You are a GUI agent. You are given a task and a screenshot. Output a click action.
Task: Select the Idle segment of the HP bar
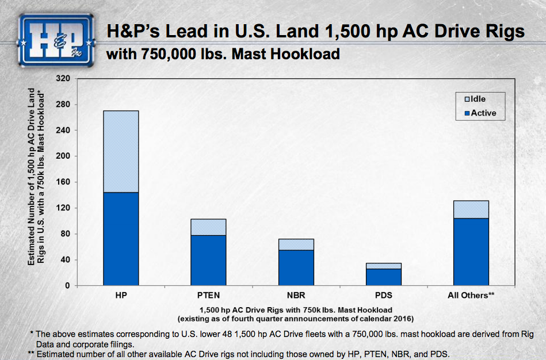pyautogui.click(x=121, y=151)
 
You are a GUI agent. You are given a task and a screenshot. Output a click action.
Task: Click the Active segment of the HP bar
pyautogui.click(x=121, y=239)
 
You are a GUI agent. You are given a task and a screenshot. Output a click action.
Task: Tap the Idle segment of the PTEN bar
pyautogui.click(x=208, y=227)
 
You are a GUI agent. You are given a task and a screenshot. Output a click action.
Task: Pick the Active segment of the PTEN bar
pyautogui.click(x=208, y=261)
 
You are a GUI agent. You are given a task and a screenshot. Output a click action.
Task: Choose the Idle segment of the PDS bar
pyautogui.click(x=383, y=266)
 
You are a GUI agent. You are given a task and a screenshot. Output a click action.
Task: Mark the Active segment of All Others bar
pyautogui.click(x=471, y=252)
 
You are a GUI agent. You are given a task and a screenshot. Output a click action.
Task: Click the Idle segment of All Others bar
pyautogui.click(x=471, y=209)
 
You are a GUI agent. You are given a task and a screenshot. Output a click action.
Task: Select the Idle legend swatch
pyautogui.click(x=467, y=99)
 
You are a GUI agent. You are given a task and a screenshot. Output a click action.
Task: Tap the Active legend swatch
pyautogui.click(x=467, y=113)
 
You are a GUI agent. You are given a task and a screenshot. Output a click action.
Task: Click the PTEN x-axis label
pyautogui.click(x=208, y=295)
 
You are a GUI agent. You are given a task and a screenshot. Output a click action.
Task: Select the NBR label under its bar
pyautogui.click(x=296, y=295)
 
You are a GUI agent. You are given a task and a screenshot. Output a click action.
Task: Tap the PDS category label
pyautogui.click(x=383, y=295)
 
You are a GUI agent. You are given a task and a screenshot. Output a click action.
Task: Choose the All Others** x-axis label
pyautogui.click(x=472, y=295)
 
